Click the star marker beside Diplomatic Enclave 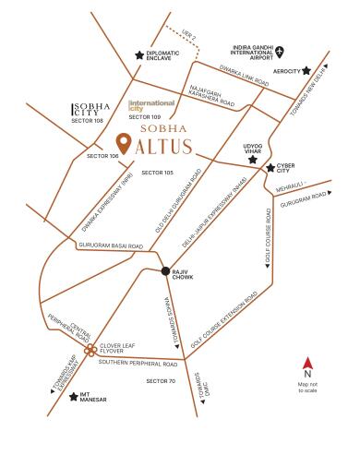pos(139,55)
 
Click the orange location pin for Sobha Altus pos(123,144)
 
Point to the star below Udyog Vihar pos(252,160)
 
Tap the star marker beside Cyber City pos(270,168)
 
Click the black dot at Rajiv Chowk pos(164,270)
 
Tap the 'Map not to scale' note pos(307,386)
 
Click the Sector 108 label pos(87,120)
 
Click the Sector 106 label pos(102,157)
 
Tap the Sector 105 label pos(158,173)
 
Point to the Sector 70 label pos(160,380)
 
